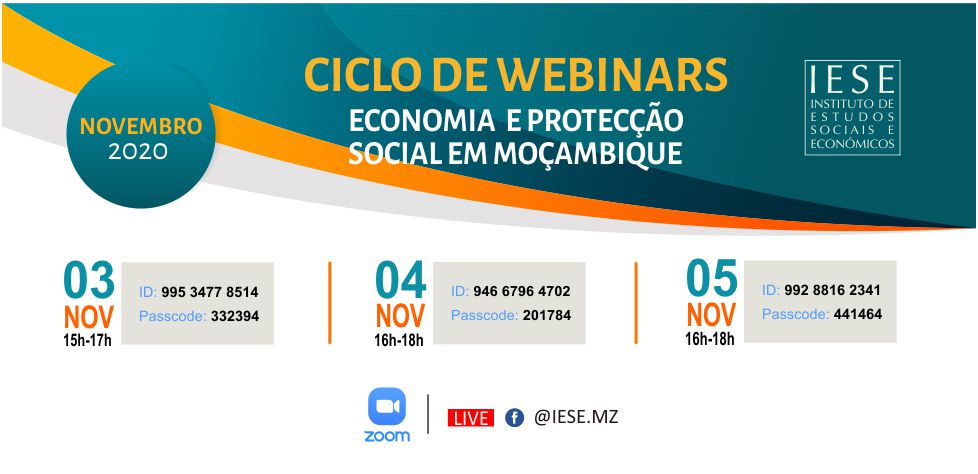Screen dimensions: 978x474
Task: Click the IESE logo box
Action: click(x=852, y=107)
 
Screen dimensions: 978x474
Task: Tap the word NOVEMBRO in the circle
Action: click(x=141, y=127)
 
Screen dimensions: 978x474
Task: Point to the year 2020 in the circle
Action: click(x=138, y=152)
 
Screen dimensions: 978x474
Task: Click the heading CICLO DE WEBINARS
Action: click(x=516, y=75)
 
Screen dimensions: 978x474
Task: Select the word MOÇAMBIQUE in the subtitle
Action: click(x=588, y=155)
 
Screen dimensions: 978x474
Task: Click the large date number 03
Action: click(x=89, y=280)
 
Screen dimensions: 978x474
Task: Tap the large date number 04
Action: click(x=400, y=280)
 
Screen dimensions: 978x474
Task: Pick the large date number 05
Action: click(x=712, y=278)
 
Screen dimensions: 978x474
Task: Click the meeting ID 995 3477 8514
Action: click(x=210, y=292)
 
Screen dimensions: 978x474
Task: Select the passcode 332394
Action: click(x=235, y=316)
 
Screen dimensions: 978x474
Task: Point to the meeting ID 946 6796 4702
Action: click(x=521, y=291)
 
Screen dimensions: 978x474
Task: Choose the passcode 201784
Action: click(x=546, y=316)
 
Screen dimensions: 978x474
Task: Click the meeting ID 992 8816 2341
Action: click(x=833, y=290)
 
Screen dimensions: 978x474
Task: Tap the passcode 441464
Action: click(x=858, y=314)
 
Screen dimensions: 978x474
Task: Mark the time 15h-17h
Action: click(x=88, y=341)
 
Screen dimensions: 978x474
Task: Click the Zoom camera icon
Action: click(x=387, y=406)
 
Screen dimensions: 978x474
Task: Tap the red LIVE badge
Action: click(x=471, y=418)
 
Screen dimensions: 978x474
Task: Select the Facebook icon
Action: click(x=515, y=418)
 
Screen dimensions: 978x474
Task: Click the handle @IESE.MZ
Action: click(x=576, y=417)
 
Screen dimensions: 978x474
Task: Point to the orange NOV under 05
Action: click(x=712, y=316)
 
